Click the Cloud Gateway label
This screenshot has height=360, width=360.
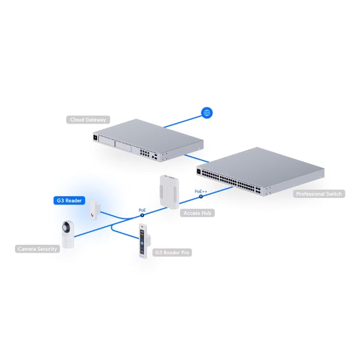(x=88, y=119)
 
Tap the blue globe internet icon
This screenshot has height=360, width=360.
(x=206, y=113)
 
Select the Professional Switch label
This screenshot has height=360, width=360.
(x=319, y=194)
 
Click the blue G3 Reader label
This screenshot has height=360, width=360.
(x=69, y=200)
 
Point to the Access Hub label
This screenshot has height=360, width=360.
(x=197, y=213)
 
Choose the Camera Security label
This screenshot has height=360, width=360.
(x=37, y=249)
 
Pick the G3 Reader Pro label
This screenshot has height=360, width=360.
(x=172, y=253)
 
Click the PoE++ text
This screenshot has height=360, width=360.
(x=200, y=191)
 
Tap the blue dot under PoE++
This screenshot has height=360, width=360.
(x=201, y=196)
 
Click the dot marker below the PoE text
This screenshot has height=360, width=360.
(x=142, y=215)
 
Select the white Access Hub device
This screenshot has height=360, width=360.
(x=169, y=192)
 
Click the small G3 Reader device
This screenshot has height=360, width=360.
(x=95, y=209)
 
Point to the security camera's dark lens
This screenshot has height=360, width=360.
(x=66, y=227)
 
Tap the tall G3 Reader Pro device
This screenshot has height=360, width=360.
(x=145, y=241)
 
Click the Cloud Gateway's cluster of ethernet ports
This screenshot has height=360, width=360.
(x=145, y=153)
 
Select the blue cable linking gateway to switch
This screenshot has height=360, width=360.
(x=197, y=158)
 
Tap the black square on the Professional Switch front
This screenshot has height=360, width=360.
(x=199, y=171)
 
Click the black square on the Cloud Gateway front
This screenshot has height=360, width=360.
(x=95, y=137)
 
